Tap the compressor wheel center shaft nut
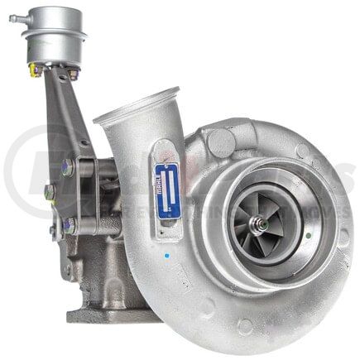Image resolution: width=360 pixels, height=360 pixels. point(263,223)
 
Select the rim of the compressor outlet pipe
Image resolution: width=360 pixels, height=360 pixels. point(136,106)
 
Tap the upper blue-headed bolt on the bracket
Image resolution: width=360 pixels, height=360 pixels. point(67,166)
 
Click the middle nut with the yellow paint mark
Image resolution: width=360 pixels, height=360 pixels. point(49,193)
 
